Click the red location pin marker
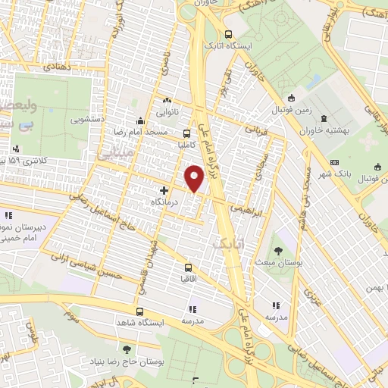click(195, 178)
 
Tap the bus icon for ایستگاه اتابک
click(229, 33)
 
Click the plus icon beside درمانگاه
click(164, 189)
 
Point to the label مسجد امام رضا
click(171, 132)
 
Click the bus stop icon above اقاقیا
click(188, 268)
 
